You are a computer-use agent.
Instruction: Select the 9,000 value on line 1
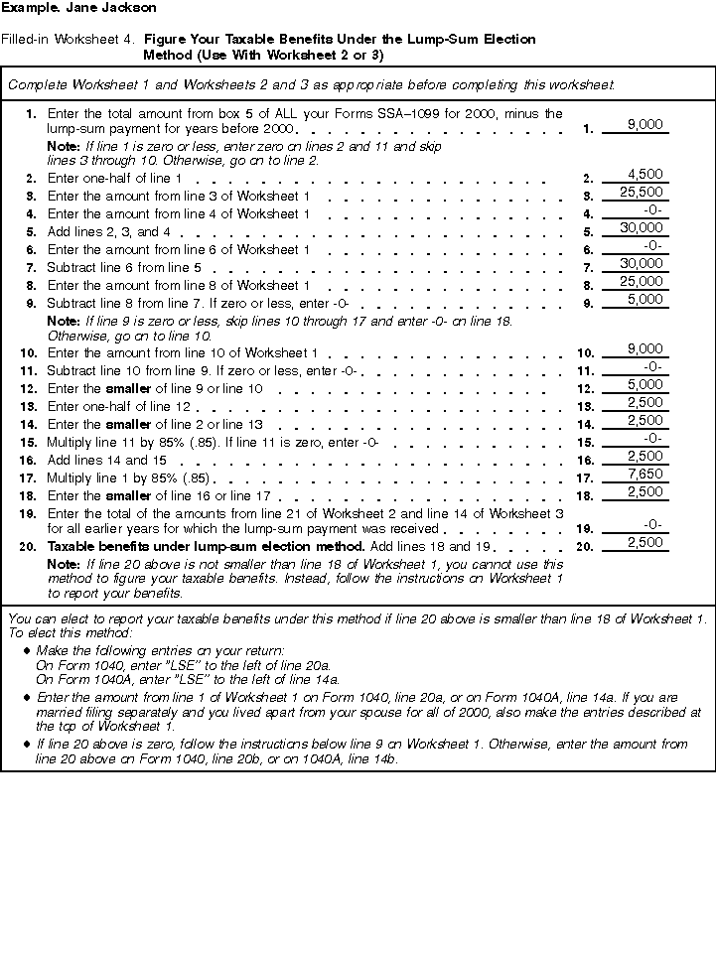(x=645, y=125)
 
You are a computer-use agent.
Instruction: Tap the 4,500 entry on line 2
(x=645, y=175)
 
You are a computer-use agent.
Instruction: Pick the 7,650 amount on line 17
(x=645, y=475)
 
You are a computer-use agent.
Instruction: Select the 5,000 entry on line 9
(x=645, y=299)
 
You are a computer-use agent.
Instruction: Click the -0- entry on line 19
(x=652, y=524)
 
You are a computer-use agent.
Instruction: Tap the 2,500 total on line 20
(x=645, y=542)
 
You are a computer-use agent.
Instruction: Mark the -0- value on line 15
(x=652, y=438)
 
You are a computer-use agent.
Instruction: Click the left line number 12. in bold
(x=29, y=389)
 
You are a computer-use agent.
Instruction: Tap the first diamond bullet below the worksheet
(x=26, y=649)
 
